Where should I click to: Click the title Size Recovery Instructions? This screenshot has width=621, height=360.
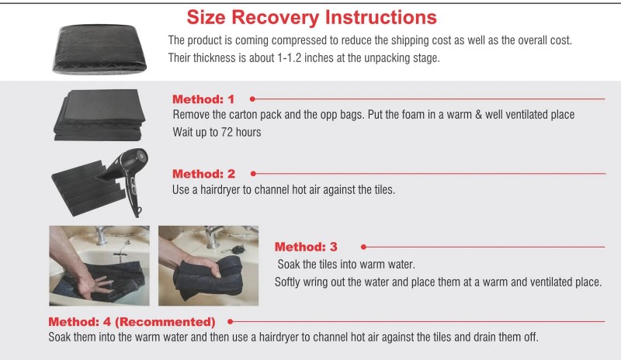click(312, 17)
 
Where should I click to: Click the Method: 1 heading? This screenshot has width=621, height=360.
click(203, 99)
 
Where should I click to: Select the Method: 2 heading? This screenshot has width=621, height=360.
click(203, 174)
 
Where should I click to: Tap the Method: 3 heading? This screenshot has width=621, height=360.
click(306, 247)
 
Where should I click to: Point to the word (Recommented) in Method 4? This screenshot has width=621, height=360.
click(165, 321)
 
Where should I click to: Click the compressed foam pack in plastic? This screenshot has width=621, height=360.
click(99, 49)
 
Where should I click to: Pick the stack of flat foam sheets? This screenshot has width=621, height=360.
click(99, 115)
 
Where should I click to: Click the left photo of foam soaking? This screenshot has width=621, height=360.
click(99, 266)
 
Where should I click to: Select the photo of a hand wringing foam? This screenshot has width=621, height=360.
click(208, 266)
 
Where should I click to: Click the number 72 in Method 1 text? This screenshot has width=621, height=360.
click(227, 132)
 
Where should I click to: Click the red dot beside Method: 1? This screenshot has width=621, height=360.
click(252, 99)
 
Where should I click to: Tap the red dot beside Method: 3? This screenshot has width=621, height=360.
click(363, 247)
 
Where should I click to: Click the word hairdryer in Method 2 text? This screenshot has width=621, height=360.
click(220, 190)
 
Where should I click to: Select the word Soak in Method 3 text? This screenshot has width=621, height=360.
click(289, 264)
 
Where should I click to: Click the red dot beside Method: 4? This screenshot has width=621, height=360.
click(230, 321)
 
